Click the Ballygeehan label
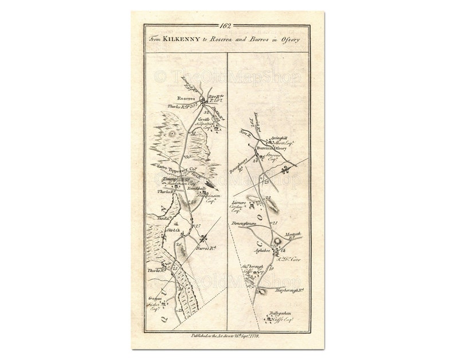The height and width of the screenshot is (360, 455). [x=280, y=313]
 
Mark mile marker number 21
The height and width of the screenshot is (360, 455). [x=274, y=222]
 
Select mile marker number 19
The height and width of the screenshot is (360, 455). [x=271, y=268]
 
